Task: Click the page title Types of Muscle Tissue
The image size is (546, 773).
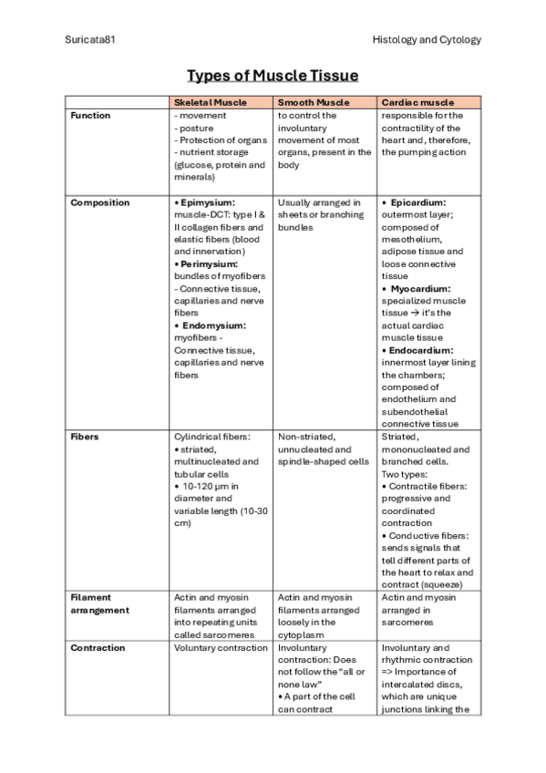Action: tap(273, 75)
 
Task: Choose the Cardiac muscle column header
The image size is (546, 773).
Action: tap(418, 103)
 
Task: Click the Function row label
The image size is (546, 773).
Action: tap(90, 116)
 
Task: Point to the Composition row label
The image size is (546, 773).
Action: tap(100, 202)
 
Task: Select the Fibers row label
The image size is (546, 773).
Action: tap(85, 438)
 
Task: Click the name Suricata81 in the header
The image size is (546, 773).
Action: tap(90, 40)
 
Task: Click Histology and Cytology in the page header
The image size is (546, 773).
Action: tap(427, 40)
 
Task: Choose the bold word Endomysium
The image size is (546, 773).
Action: tap(214, 325)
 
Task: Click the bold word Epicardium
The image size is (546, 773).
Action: tap(421, 202)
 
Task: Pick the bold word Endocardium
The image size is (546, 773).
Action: tap(422, 350)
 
